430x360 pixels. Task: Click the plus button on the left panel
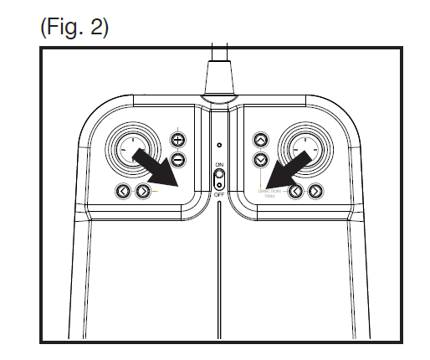click(177, 140)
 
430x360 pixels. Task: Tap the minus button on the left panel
click(177, 158)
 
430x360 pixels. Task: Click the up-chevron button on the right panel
click(261, 141)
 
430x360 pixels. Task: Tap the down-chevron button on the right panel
click(261, 159)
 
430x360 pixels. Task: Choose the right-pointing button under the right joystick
click(315, 192)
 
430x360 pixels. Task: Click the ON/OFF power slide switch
click(219, 179)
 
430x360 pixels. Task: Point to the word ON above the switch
click(219, 165)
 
